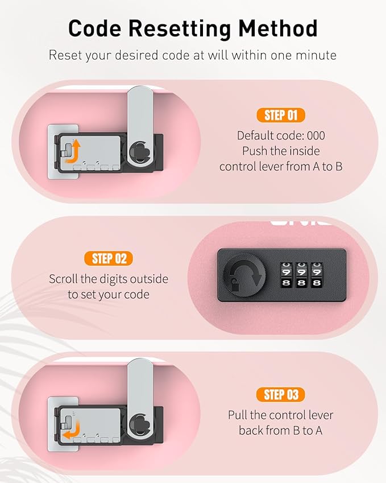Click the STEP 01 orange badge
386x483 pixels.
(x=281, y=115)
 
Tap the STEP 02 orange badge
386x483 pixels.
(x=109, y=258)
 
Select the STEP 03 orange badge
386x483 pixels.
(x=281, y=395)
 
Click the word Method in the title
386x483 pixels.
(x=278, y=28)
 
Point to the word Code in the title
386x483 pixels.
(x=94, y=28)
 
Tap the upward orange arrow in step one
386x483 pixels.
(x=73, y=151)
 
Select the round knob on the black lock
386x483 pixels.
(x=244, y=275)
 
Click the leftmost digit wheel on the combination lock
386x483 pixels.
(x=286, y=275)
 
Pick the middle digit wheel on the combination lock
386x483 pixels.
(x=301, y=275)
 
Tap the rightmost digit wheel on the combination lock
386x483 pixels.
(x=317, y=275)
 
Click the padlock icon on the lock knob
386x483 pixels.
(x=235, y=284)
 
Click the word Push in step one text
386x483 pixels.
(x=255, y=151)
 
